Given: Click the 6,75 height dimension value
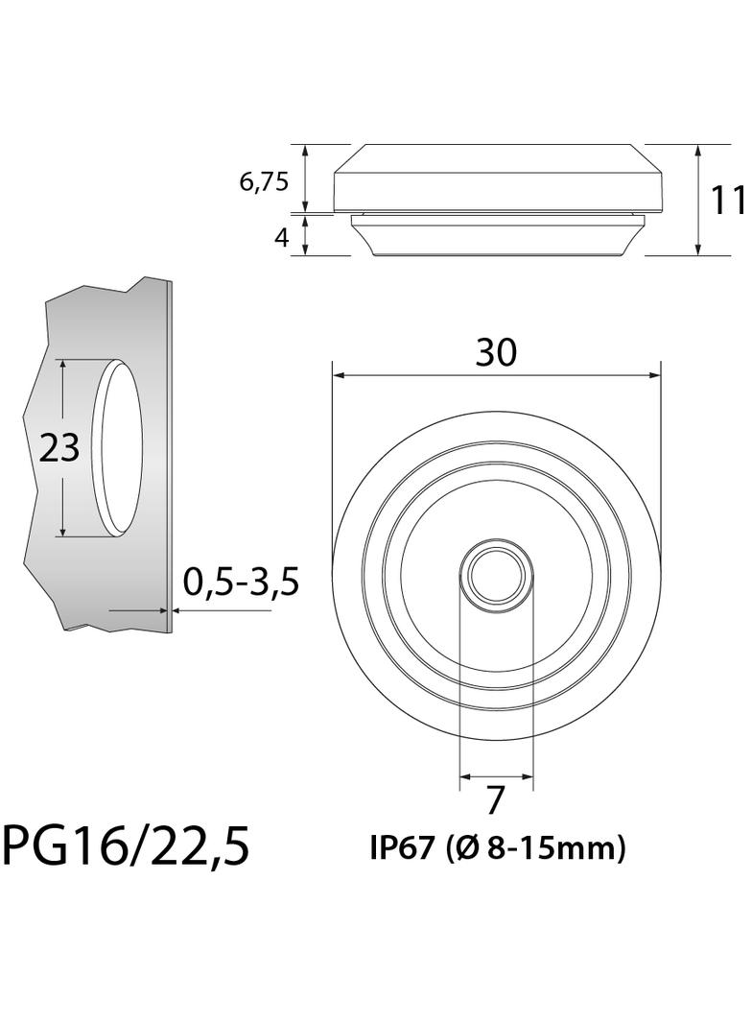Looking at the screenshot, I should (264, 182).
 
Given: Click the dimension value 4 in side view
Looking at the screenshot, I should (281, 237).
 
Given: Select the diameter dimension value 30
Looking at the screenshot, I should (496, 353).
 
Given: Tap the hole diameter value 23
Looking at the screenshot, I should (59, 447).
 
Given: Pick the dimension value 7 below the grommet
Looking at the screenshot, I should (496, 799).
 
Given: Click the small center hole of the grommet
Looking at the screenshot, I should (496, 575).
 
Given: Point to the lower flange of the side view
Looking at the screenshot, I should (497, 236).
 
